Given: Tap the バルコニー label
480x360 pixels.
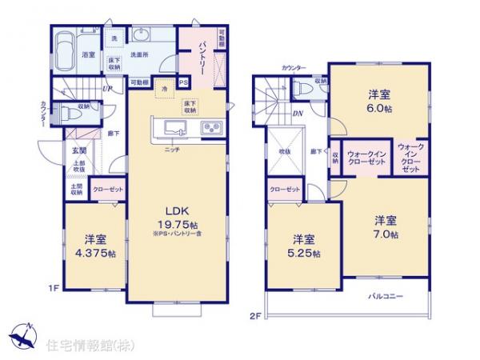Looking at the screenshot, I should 386,296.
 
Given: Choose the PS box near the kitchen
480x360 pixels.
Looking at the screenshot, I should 183,82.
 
